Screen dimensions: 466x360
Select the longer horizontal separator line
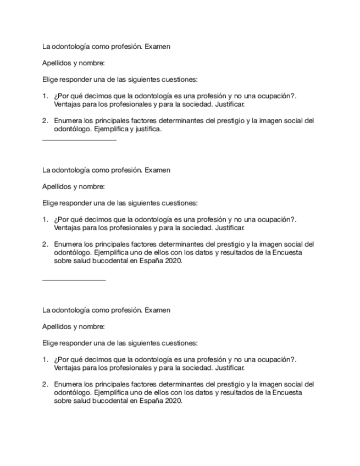coord(79,140)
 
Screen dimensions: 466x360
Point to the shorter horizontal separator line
coord(74,280)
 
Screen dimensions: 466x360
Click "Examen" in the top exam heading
coord(157,47)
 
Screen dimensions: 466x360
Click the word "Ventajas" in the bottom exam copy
coord(67,368)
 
